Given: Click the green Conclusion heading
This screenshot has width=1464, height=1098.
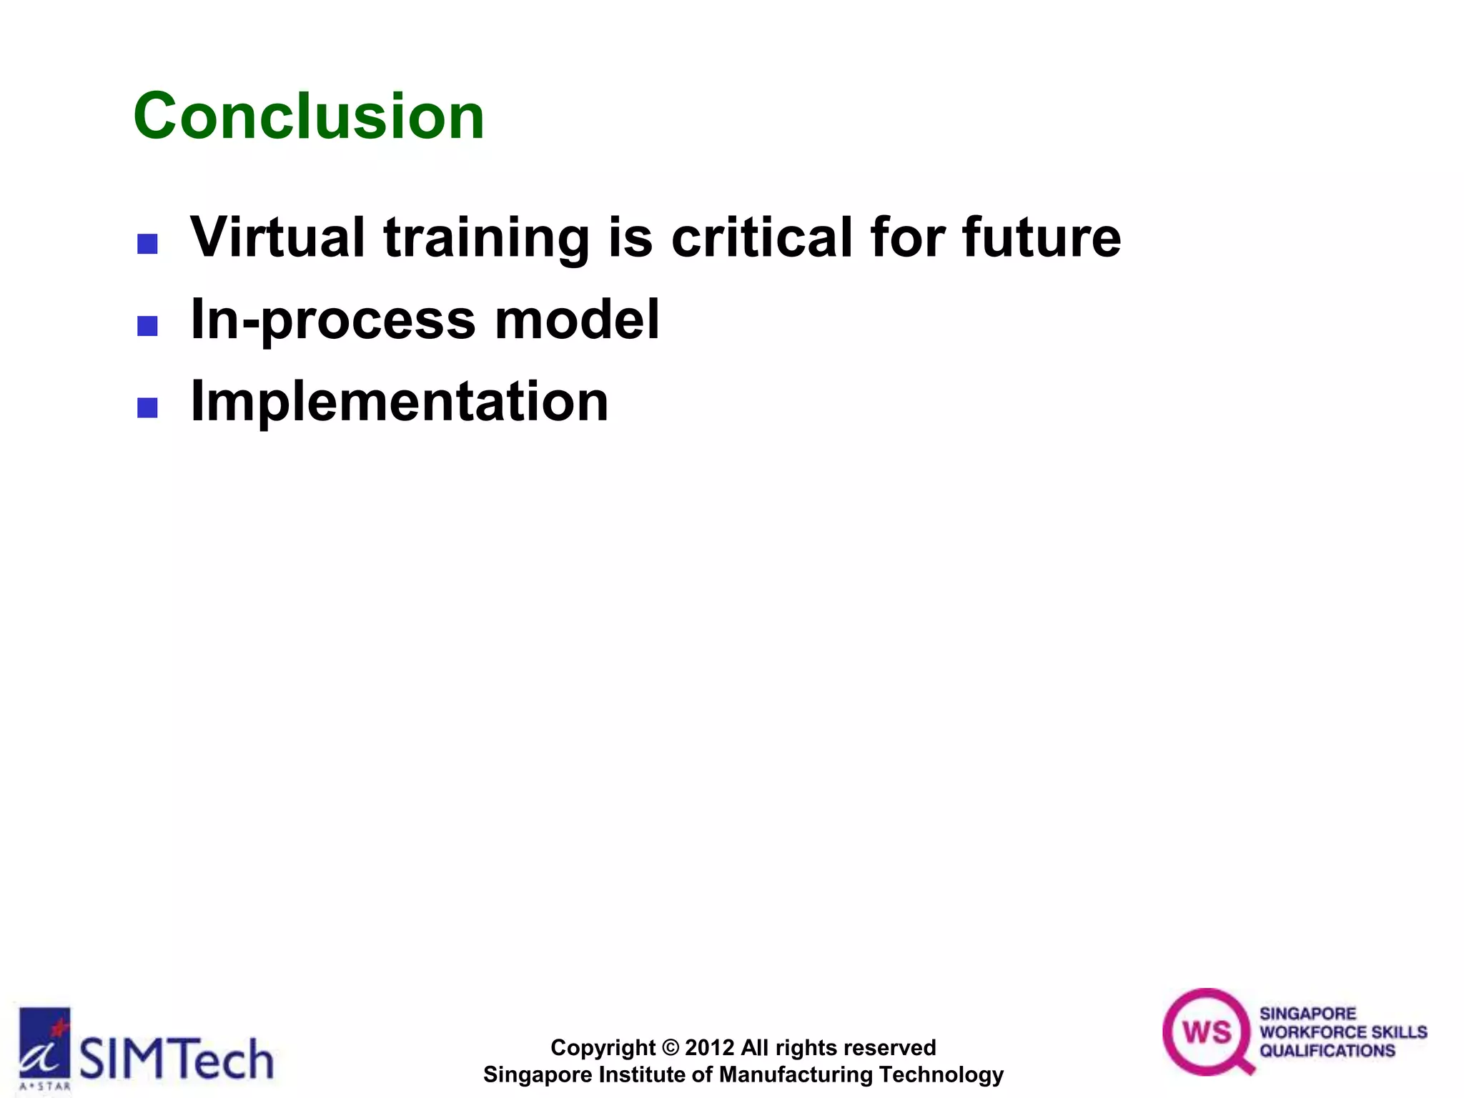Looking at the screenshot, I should (x=309, y=117).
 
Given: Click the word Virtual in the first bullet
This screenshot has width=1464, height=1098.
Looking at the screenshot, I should (x=277, y=237).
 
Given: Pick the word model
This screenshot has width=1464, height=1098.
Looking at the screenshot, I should (x=577, y=320).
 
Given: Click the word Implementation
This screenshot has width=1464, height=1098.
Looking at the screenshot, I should (x=400, y=402).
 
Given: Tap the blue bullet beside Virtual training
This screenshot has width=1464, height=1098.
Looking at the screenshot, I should (x=147, y=244).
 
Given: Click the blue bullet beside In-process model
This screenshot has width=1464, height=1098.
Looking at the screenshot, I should (x=147, y=327).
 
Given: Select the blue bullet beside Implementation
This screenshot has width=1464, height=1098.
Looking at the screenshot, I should (x=147, y=408).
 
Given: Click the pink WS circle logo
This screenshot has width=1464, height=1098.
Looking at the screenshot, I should (x=1206, y=1032).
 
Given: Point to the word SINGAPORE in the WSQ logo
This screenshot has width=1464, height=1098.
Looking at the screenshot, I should (x=1307, y=1014).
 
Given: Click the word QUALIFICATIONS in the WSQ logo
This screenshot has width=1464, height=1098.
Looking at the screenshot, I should (x=1327, y=1051).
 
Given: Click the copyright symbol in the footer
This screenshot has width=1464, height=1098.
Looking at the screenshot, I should (x=670, y=1048).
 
